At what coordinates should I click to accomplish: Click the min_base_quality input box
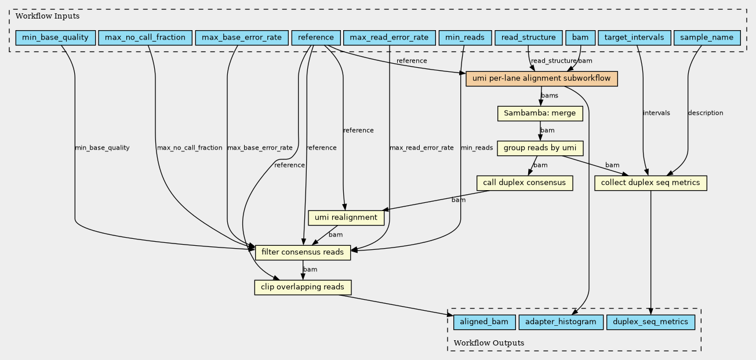click(x=55, y=38)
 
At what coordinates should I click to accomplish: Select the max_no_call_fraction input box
click(x=145, y=38)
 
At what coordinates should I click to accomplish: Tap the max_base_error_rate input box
click(x=242, y=38)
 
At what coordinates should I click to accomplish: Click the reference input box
click(x=316, y=38)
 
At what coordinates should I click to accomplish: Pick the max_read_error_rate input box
click(x=389, y=38)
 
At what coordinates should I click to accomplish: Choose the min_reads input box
click(x=465, y=38)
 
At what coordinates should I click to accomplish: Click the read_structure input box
click(x=529, y=38)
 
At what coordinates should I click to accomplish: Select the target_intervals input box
click(x=634, y=38)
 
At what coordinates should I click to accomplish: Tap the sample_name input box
click(x=707, y=38)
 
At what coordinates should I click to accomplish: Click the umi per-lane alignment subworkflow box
click(x=541, y=79)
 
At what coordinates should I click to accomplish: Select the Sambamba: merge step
click(x=540, y=114)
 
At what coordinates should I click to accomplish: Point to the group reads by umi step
click(x=540, y=148)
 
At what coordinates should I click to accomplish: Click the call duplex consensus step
click(x=525, y=183)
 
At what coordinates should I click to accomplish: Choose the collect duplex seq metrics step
click(x=650, y=183)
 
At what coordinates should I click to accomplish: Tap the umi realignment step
click(x=346, y=217)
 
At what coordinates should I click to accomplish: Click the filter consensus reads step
click(x=303, y=252)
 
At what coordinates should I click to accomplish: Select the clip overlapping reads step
click(x=303, y=287)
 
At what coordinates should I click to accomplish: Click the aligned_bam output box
click(x=484, y=322)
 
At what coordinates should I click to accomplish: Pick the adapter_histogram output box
click(x=561, y=322)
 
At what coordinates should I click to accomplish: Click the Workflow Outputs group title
click(x=489, y=343)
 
